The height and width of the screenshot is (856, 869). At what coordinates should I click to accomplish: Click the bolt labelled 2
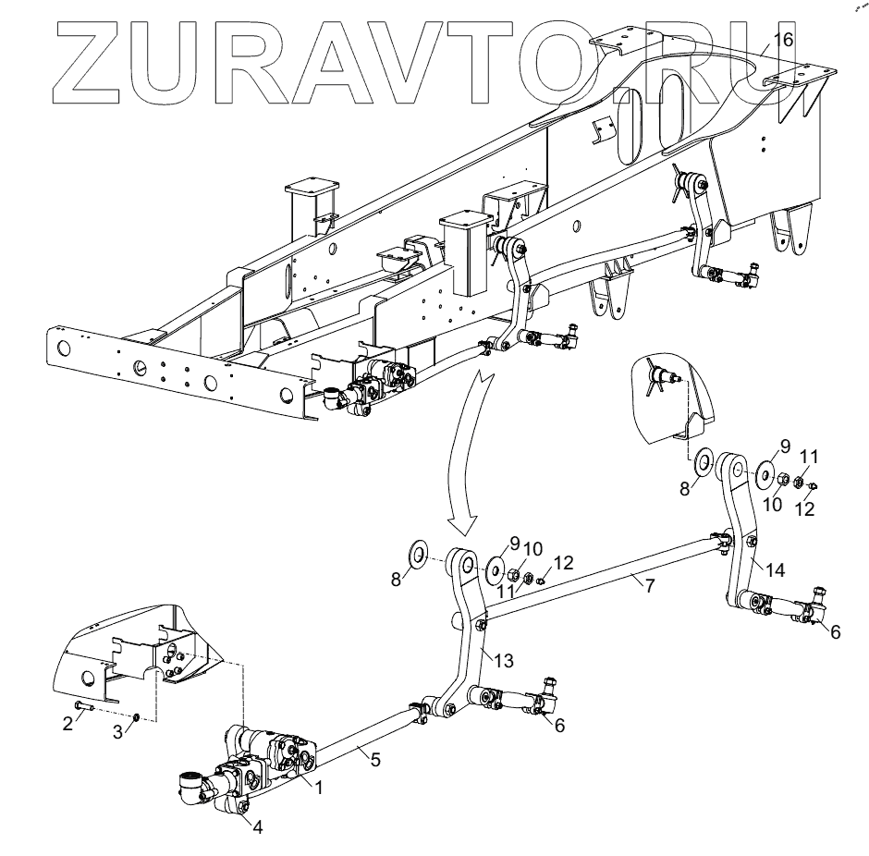[81, 707]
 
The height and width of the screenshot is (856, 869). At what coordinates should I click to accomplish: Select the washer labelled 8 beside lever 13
[418, 555]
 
